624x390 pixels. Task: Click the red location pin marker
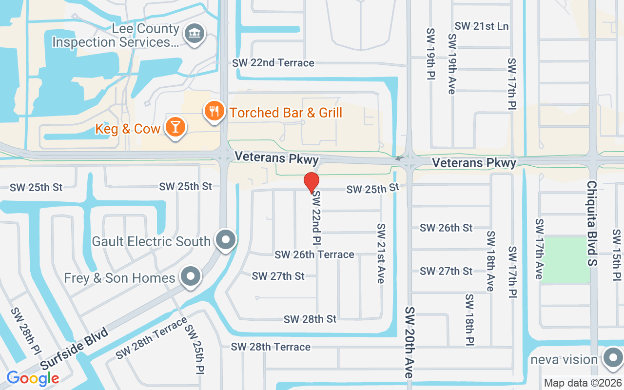[312, 183]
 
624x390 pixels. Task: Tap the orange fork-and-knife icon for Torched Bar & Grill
[214, 111]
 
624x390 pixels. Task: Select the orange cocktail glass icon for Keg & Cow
[175, 127]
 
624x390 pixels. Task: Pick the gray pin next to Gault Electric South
[226, 240]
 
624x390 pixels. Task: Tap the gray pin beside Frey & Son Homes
[191, 277]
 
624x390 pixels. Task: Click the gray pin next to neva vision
[612, 359]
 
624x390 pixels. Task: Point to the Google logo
[33, 378]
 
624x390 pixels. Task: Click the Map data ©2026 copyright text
[583, 383]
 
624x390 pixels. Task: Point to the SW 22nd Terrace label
[273, 63]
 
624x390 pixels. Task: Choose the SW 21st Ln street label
[481, 26]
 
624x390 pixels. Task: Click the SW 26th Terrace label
[314, 254]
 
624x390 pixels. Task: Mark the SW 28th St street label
[310, 319]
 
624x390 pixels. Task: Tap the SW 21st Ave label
[381, 253]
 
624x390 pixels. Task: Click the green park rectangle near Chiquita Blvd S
[565, 259]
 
